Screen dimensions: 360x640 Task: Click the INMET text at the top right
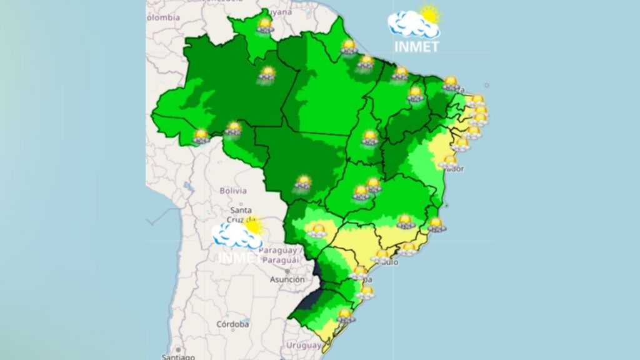point(417,46)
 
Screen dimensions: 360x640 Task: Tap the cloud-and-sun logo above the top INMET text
point(414,22)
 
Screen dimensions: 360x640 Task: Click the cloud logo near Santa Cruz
point(238,233)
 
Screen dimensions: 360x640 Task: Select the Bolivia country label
point(233,190)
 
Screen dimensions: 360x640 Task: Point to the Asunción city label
point(287,279)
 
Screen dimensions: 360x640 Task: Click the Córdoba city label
point(232,324)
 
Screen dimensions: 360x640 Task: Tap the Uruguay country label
point(303,345)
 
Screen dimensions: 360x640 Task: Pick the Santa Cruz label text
point(241,214)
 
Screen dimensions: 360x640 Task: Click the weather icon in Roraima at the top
point(265,26)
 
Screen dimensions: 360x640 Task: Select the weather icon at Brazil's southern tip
point(344,316)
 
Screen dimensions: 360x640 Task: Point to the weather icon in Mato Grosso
point(303,183)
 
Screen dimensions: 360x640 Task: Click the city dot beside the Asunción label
point(287,272)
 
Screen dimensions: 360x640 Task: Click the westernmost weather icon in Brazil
point(201,136)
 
